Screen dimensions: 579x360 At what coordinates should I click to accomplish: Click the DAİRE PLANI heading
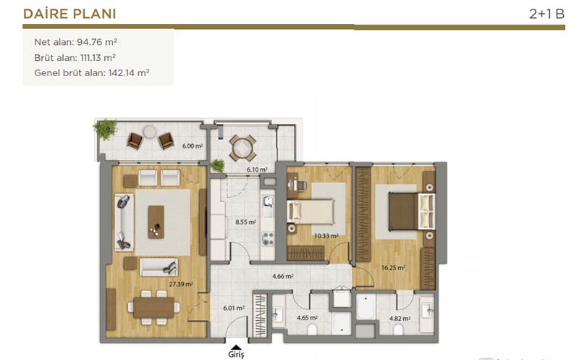69,14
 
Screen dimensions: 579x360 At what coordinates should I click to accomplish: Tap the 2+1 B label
546,14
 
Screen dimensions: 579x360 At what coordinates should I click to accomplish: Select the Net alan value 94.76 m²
97,42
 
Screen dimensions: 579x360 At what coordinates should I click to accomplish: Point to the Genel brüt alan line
92,73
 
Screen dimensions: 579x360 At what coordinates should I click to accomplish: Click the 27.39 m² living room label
181,284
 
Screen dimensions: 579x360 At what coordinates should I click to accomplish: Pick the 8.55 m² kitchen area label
245,222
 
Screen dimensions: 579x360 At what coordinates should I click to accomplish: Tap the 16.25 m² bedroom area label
393,267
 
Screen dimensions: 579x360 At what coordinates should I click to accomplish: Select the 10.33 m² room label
326,236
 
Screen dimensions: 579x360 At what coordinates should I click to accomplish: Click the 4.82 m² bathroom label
400,318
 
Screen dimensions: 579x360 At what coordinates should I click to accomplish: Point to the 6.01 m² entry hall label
234,308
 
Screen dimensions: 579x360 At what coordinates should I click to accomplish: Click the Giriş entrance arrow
236,347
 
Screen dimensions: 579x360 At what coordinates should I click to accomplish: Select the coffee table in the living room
156,222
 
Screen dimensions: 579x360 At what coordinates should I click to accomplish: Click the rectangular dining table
153,308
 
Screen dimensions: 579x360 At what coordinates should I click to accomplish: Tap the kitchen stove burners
268,239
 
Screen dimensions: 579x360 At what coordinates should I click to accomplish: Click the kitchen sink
268,202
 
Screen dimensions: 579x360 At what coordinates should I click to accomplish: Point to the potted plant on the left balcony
106,129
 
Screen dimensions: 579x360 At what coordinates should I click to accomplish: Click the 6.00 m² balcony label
193,146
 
